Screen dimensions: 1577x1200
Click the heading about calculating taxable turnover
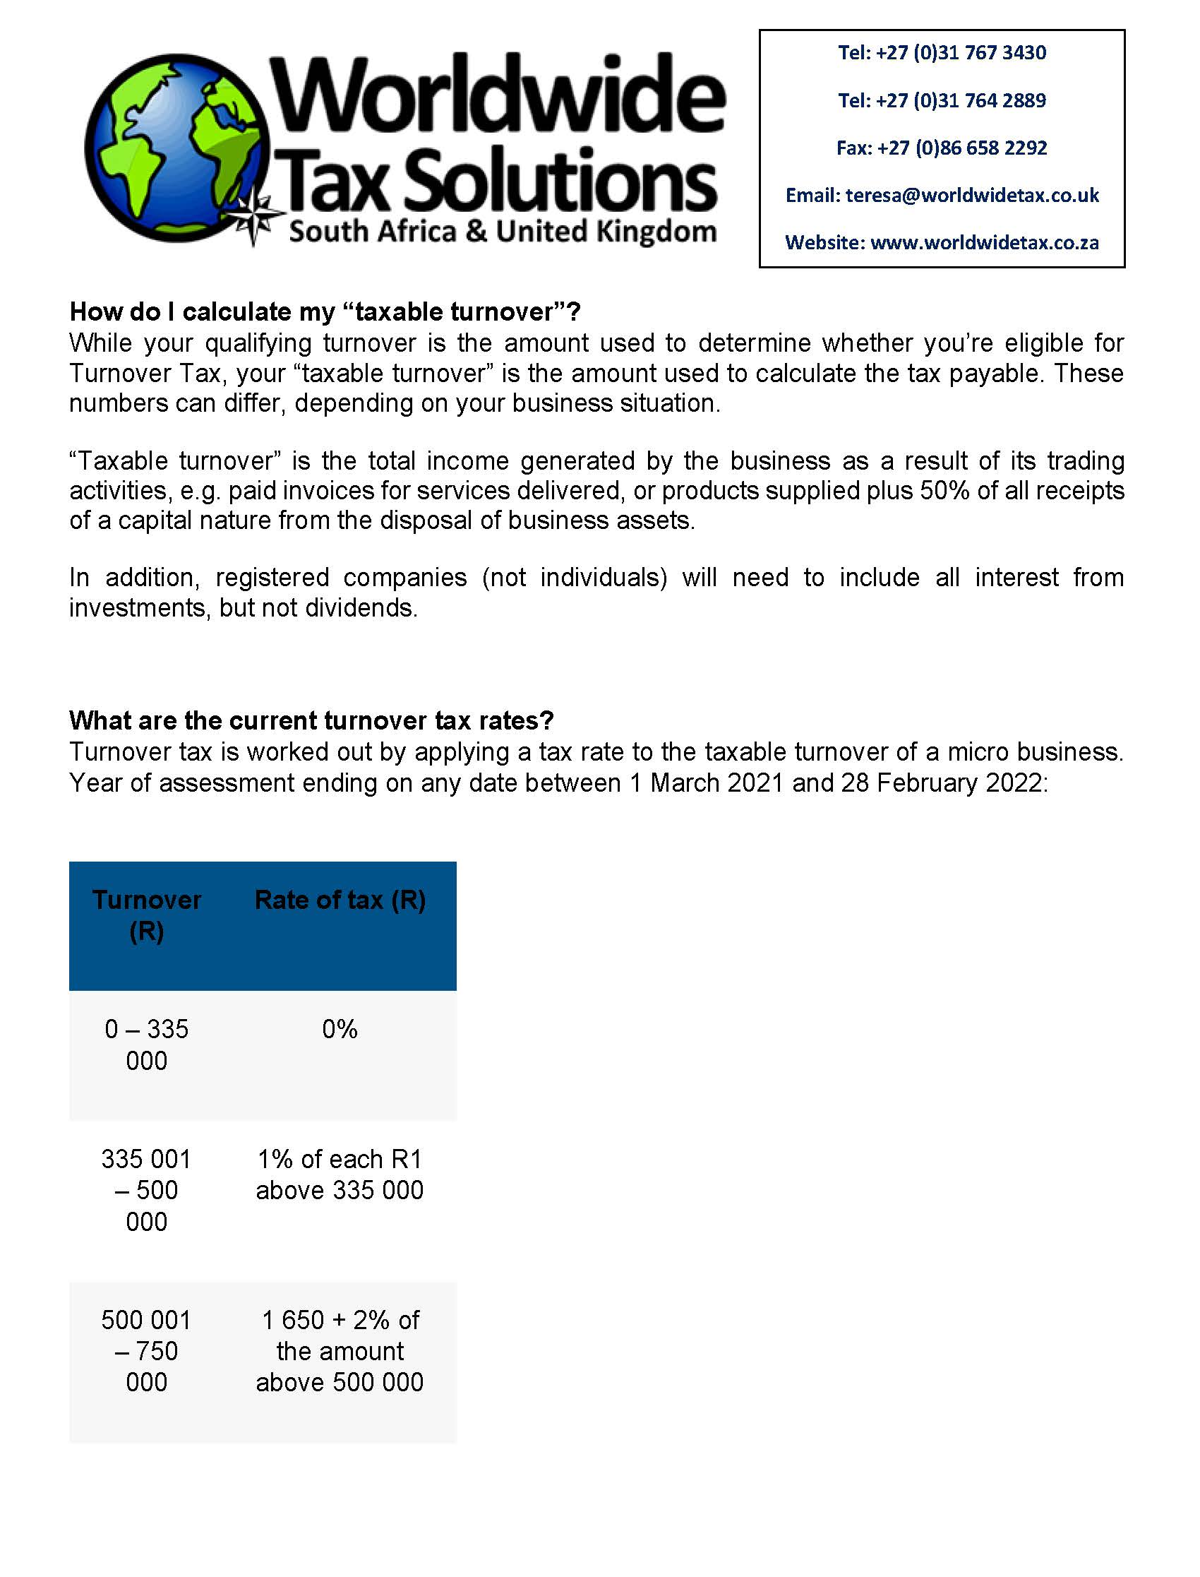[325, 312]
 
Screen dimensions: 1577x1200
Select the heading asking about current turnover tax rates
[311, 720]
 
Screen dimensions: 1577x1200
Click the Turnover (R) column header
[146, 915]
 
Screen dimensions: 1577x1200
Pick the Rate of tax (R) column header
[340, 900]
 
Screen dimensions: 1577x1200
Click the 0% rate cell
[340, 1029]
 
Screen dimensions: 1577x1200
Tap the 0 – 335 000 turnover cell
[146, 1045]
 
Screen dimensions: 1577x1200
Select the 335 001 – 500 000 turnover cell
[146, 1190]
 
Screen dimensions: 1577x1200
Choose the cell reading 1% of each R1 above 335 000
[340, 1174]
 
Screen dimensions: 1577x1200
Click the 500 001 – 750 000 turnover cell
[146, 1350]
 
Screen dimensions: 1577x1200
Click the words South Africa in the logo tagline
[372, 232]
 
